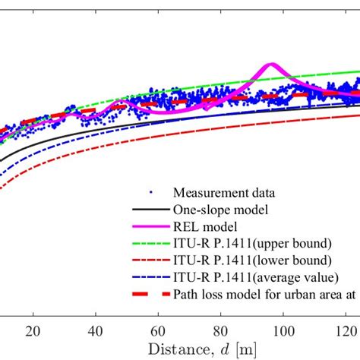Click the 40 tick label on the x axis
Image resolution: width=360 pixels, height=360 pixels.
(x=96, y=331)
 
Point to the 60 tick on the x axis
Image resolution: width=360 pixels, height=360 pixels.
(x=158, y=331)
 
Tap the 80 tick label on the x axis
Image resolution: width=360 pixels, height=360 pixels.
(x=221, y=331)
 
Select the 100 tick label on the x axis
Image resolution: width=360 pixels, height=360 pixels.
(x=283, y=331)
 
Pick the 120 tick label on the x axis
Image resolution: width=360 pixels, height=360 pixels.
(x=346, y=331)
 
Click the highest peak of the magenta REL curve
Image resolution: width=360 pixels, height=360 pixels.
(x=270, y=66)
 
